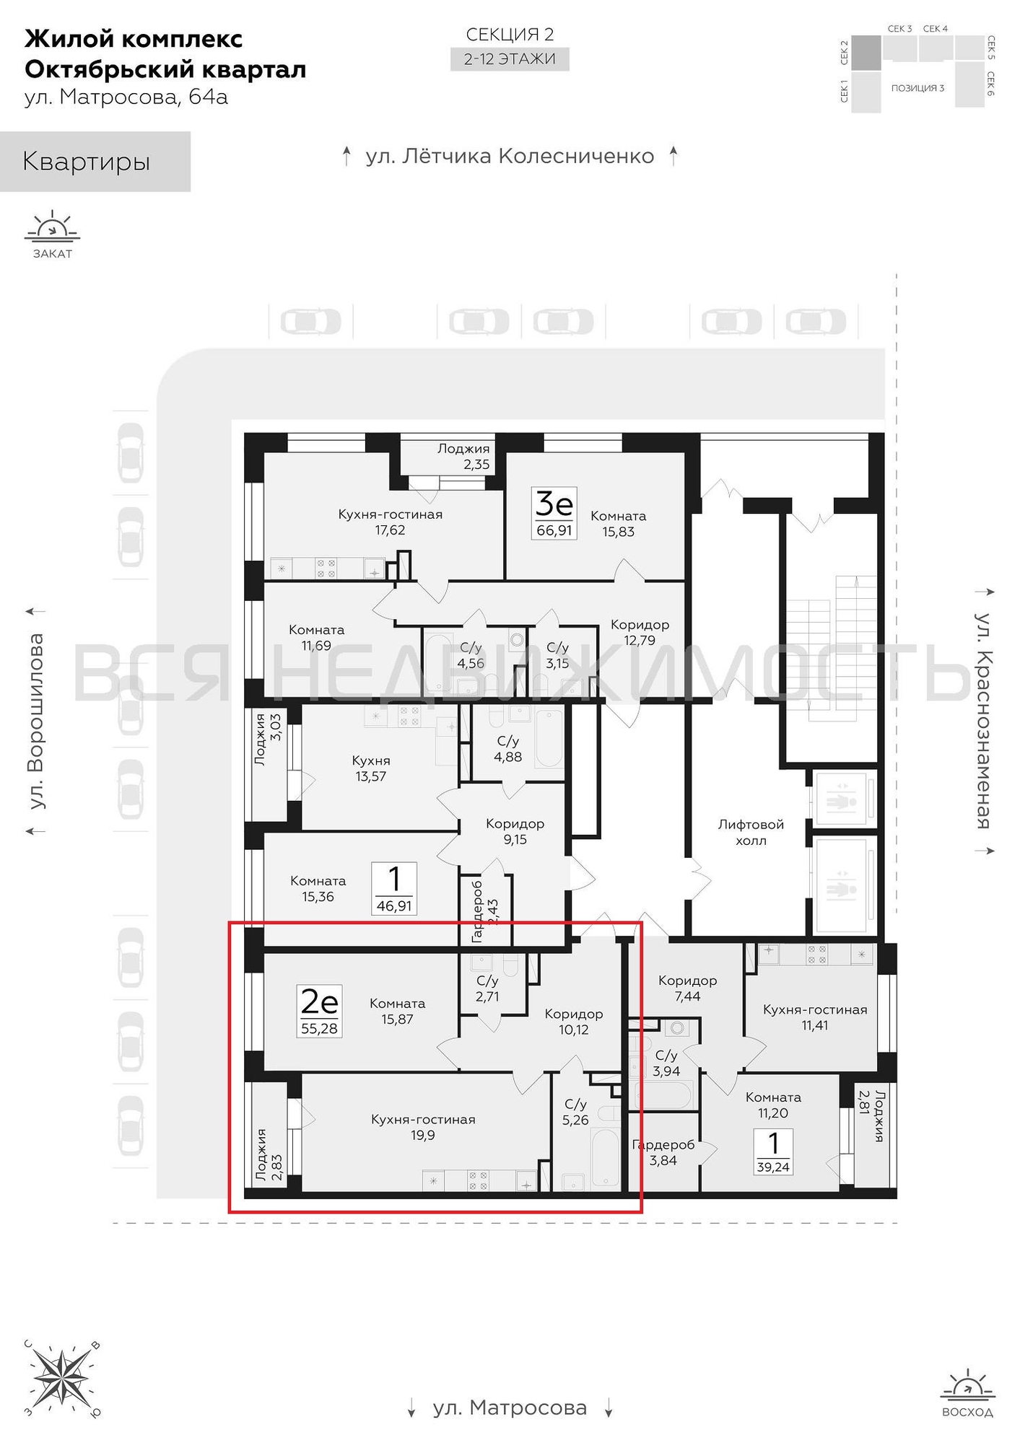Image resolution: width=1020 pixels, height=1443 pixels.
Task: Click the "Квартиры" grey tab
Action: [x=95, y=162]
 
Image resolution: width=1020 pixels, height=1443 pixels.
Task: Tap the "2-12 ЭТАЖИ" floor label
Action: [x=510, y=59]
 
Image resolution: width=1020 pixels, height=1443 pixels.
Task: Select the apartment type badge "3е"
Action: [x=554, y=504]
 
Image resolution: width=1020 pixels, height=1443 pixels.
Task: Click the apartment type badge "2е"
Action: [x=319, y=1002]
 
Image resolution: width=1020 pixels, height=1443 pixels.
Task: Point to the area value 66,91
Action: [x=554, y=530]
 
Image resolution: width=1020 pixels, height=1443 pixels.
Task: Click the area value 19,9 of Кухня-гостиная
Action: [x=423, y=1135]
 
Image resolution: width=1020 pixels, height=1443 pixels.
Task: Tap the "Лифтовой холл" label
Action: [x=751, y=832]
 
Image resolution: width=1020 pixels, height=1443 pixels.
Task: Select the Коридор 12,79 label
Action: [x=640, y=632]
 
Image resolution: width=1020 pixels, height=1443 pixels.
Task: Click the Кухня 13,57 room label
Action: [x=371, y=768]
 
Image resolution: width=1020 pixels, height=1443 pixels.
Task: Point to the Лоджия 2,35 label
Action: [x=464, y=457]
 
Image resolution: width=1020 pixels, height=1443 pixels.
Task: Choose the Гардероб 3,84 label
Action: [x=663, y=1152]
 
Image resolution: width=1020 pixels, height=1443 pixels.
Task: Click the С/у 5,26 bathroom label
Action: [x=575, y=1112]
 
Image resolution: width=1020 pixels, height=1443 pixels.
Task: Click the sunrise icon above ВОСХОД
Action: [x=967, y=1385]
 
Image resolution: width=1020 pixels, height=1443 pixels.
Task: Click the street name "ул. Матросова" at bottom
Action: [x=510, y=1408]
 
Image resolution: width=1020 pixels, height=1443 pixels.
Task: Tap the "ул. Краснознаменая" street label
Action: [x=983, y=721]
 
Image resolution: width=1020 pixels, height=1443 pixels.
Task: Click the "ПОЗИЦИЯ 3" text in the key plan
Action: [x=917, y=88]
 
